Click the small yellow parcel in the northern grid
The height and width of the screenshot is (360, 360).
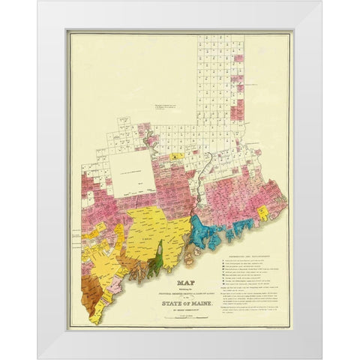(x=176, y=156)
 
